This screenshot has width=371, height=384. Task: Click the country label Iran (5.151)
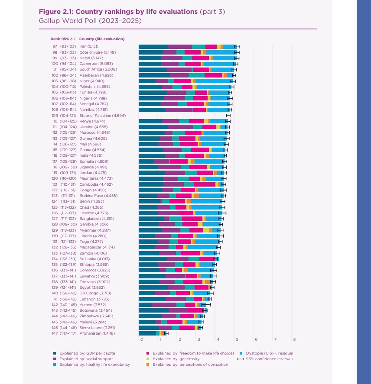click(89, 46)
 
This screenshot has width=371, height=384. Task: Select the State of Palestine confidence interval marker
click(228, 116)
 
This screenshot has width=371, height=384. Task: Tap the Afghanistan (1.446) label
click(97, 333)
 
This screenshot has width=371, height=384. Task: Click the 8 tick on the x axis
click(294, 339)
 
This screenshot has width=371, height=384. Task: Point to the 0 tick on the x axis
click(142, 339)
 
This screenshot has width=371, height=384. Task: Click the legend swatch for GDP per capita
click(55, 353)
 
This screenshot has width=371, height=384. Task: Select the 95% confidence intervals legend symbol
click(241, 359)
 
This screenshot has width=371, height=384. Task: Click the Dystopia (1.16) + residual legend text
click(270, 353)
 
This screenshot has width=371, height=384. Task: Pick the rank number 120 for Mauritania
click(55, 178)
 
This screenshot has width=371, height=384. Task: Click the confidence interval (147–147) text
click(68, 333)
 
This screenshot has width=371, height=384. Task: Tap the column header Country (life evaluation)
click(102, 39)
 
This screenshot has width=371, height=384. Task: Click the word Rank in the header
click(55, 39)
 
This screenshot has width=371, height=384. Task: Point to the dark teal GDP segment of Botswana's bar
click(153, 310)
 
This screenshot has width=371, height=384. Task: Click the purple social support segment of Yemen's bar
click(164, 305)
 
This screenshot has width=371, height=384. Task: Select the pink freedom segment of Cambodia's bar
click(205, 184)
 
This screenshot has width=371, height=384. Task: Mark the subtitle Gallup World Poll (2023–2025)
click(90, 21)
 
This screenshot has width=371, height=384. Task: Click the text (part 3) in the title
click(212, 12)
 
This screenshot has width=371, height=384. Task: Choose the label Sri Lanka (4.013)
click(94, 259)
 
